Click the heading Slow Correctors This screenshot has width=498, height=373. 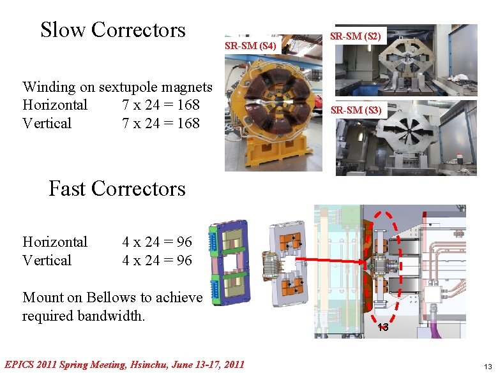pos(112,29)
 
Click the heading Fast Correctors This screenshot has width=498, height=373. pos(117,189)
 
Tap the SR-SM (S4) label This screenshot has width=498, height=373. pos(250,47)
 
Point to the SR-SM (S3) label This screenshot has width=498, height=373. pos(356,111)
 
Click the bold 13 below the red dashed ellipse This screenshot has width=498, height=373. pos(382,328)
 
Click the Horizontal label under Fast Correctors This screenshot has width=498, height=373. pos(55,242)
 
